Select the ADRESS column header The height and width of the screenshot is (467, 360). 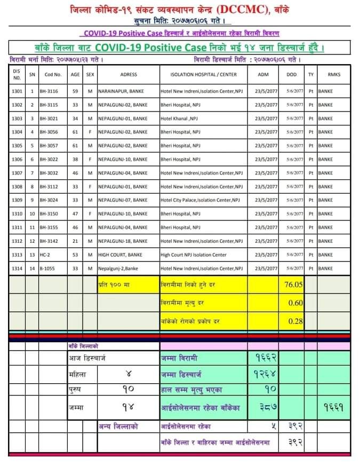coord(129,75)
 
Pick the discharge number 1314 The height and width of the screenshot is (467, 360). coord(17,268)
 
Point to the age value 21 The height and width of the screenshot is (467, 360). coord(75,241)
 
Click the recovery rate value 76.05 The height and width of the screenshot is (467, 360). coord(292,284)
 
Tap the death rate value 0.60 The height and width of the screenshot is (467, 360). coord(295,303)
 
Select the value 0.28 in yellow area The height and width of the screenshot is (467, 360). coord(295,321)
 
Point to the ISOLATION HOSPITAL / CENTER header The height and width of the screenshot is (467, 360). coord(203,75)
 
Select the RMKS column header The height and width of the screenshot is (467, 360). coord(334,75)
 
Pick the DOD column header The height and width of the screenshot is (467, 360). coord(291,75)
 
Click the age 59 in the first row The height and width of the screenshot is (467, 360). coord(75,91)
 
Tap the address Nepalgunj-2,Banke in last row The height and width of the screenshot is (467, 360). coord(118,268)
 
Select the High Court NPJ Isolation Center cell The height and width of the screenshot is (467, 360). coord(194,255)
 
